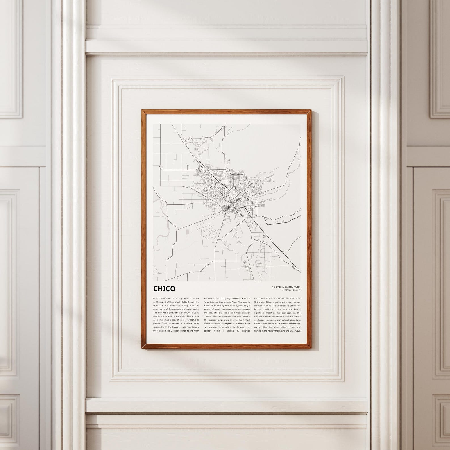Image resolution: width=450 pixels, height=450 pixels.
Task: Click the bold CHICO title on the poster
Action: (164, 289)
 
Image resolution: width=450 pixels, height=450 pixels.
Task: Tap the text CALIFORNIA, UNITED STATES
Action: (286, 287)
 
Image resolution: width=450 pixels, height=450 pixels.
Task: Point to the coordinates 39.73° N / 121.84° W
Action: (291, 290)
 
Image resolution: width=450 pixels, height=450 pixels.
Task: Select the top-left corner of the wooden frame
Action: (143, 111)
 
